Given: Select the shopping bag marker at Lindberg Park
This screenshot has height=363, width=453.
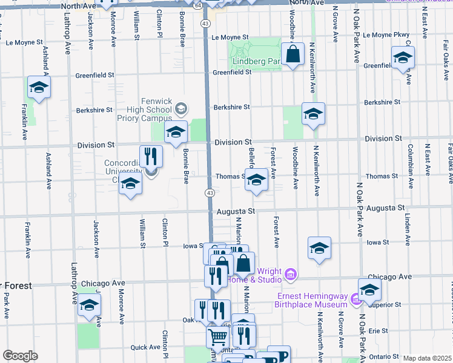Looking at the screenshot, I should coord(293,54).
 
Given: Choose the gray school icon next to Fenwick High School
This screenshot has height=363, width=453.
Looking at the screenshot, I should coord(180,109).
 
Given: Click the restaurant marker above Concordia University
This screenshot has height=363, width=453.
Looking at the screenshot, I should coord(151,157).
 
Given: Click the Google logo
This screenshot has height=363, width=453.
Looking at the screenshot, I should coord(20,356).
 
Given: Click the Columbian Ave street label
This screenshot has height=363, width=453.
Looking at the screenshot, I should coord(410,162).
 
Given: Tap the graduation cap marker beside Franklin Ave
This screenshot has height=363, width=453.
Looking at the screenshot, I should coord(39,89).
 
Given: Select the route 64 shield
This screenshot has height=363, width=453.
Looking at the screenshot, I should coord(199,4).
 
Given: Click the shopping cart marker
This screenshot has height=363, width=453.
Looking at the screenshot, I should coord(218,336).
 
